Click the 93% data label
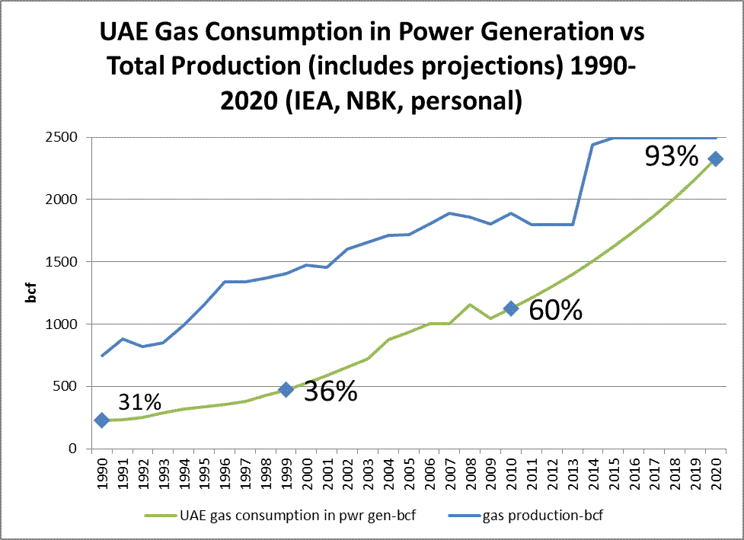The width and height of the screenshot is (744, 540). click(x=671, y=156)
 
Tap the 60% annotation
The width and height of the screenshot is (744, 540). click(x=555, y=311)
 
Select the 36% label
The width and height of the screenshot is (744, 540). click(x=330, y=391)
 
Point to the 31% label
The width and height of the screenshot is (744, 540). click(x=139, y=401)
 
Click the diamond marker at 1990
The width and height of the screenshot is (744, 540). click(x=101, y=420)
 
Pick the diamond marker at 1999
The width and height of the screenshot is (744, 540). click(x=286, y=389)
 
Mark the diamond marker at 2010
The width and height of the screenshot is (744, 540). click(x=511, y=308)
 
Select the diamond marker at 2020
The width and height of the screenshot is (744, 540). click(x=715, y=158)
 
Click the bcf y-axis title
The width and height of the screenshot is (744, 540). click(x=32, y=293)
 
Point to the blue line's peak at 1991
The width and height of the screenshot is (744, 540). click(x=122, y=339)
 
